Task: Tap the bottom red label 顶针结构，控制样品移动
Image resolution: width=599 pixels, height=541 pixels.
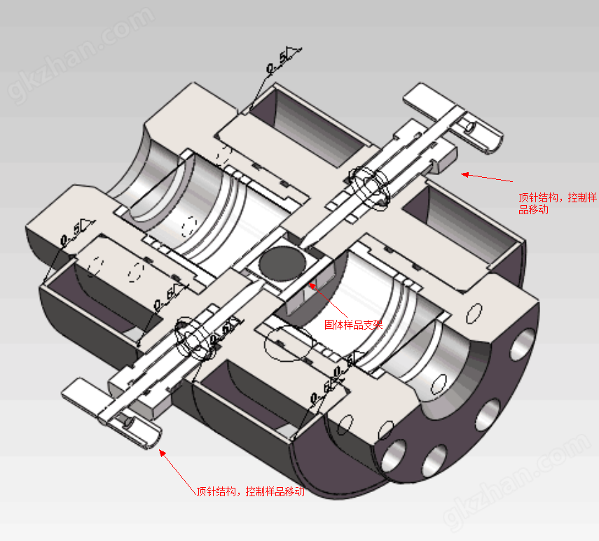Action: [251, 491]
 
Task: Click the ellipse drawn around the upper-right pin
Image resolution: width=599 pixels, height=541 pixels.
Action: [370, 184]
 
